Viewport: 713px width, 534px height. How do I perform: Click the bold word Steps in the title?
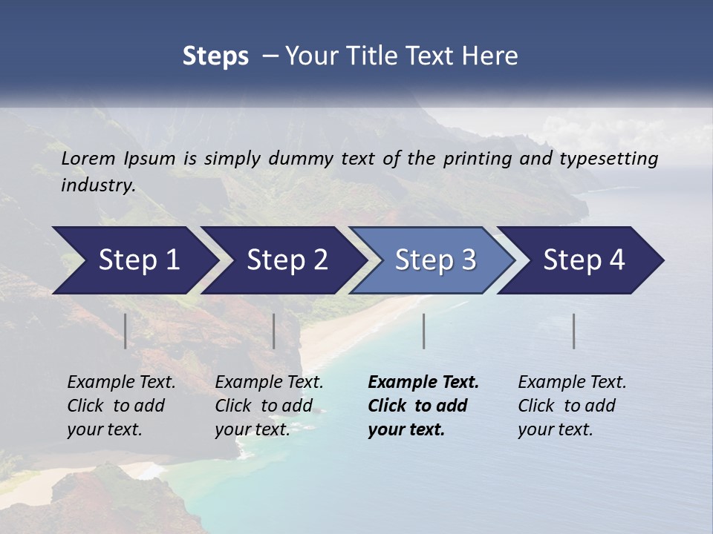[215, 56]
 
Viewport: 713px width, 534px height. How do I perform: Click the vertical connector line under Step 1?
[126, 331]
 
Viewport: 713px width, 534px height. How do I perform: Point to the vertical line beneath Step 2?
[274, 331]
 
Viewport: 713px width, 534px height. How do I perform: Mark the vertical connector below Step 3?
[424, 331]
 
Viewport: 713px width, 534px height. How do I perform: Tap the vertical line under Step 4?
[574, 331]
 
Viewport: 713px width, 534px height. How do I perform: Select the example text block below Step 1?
[120, 406]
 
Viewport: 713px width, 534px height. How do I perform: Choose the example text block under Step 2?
[268, 406]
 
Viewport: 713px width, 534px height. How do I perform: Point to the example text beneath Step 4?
[571, 406]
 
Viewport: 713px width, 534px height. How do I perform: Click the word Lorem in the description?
[88, 158]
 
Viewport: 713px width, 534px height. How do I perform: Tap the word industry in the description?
[97, 185]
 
